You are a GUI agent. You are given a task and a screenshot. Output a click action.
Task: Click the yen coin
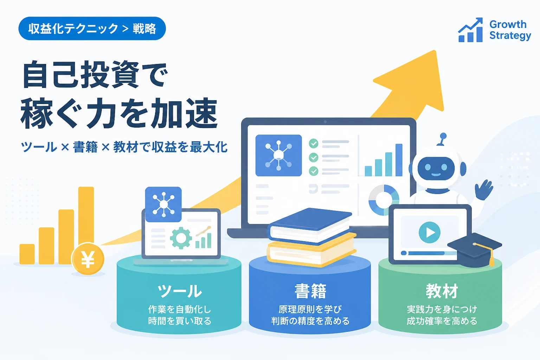(88, 259)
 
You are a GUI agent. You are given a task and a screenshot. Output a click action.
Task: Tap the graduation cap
(474, 250)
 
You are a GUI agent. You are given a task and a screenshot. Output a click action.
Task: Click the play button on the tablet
(430, 232)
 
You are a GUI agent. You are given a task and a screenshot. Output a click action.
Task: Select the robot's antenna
(442, 139)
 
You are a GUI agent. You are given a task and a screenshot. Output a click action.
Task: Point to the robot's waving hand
(484, 190)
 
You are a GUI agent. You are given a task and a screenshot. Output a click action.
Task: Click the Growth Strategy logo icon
(470, 30)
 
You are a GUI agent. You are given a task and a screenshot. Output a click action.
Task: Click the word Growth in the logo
(508, 24)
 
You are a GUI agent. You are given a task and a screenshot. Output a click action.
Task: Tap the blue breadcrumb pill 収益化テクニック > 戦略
(92, 28)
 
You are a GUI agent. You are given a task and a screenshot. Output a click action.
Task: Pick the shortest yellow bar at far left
(27, 254)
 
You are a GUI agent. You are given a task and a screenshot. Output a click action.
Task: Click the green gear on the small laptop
(181, 238)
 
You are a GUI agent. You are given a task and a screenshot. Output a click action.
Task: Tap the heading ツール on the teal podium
(180, 291)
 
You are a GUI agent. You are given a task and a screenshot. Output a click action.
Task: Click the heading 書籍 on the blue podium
(310, 291)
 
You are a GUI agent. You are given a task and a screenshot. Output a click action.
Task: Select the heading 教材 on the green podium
(442, 291)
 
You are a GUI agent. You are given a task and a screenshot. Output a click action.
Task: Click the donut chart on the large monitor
(384, 200)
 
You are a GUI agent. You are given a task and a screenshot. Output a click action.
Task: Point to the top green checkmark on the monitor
(313, 143)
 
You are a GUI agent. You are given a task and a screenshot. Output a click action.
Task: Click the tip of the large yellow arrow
(435, 51)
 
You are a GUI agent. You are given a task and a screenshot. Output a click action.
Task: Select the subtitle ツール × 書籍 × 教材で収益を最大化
(124, 147)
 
